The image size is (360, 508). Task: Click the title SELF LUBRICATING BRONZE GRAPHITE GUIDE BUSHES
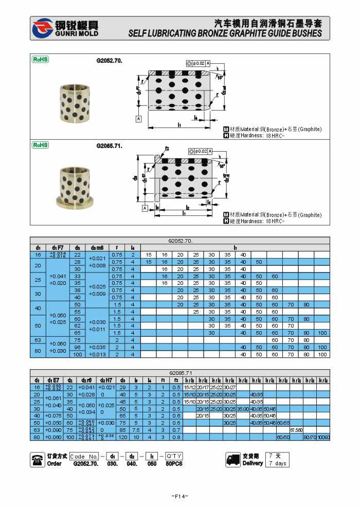click(x=225, y=34)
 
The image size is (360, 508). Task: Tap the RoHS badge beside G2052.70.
click(x=41, y=60)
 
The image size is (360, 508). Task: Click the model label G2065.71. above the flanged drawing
click(x=109, y=146)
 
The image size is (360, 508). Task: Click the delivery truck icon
click(x=233, y=460)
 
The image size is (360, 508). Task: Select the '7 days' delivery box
click(x=278, y=463)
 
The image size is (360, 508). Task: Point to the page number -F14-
click(x=179, y=496)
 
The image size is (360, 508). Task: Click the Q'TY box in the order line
click(x=174, y=456)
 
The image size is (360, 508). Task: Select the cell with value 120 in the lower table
click(x=122, y=438)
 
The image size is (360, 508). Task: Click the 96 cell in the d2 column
click(x=78, y=347)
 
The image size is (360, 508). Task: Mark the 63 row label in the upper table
click(x=38, y=340)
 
